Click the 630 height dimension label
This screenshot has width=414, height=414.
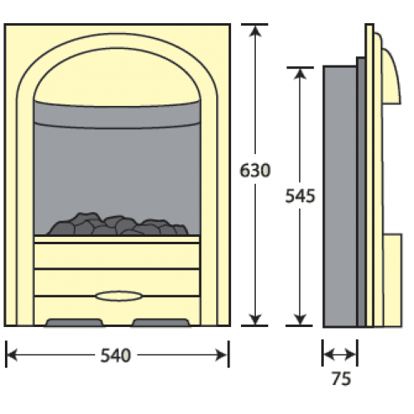coord(255,171)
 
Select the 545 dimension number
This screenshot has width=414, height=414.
coord(300,196)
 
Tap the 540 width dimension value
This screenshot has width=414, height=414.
coord(115,355)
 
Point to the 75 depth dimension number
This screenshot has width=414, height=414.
coord(341,378)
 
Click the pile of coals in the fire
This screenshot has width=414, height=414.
coord(118,224)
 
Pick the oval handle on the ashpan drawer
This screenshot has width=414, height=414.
coord(118,296)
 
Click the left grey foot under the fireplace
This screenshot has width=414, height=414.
coord(75,322)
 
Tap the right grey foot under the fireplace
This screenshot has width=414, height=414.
coord(161,322)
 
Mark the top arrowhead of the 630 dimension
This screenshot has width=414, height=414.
coord(255,31)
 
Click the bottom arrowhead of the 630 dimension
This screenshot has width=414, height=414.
coord(255,320)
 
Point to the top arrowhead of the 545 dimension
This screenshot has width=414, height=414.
coord(300,74)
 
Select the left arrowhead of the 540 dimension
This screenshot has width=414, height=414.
coord(12,355)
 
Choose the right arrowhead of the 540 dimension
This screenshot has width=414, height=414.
coord(222,355)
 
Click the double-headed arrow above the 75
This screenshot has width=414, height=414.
coord(339,354)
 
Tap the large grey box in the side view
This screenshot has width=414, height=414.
coord(340,196)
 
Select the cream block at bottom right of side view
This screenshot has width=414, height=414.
coord(392,280)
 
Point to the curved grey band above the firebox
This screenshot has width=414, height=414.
coord(118,114)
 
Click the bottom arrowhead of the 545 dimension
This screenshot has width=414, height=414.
coord(300,320)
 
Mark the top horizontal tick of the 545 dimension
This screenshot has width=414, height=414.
coord(300,67)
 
